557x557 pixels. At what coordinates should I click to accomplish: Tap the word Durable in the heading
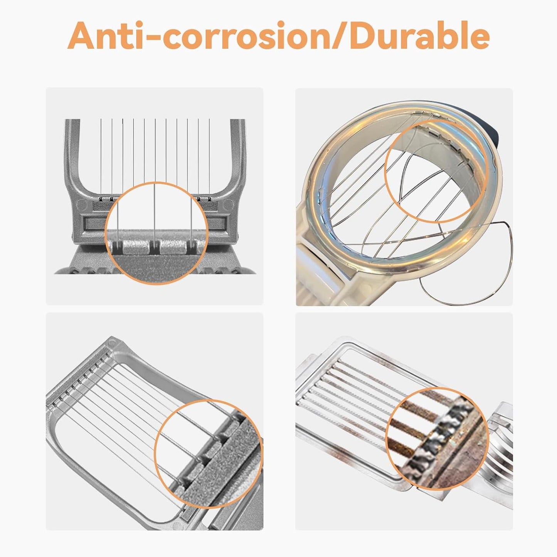coord(419,35)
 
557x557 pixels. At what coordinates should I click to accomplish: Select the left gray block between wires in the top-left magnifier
coord(136,247)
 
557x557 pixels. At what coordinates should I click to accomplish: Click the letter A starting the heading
coord(81,36)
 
